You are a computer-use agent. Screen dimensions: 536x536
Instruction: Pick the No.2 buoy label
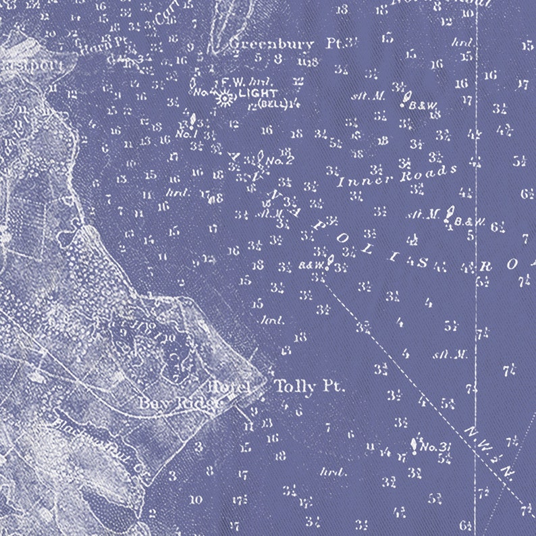pos(279,161)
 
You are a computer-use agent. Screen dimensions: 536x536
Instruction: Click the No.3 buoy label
pos(435,446)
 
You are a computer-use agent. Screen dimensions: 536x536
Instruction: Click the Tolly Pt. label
pos(309,387)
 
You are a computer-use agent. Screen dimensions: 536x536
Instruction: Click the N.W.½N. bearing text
pos(487,449)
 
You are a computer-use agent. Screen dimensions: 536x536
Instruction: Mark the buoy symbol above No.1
pos(192,121)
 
